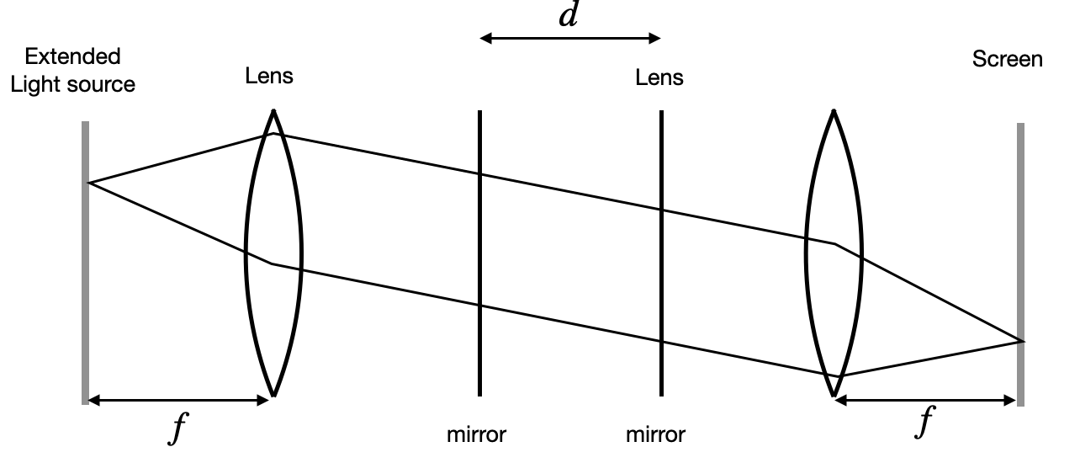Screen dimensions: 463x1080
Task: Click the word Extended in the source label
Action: (72, 57)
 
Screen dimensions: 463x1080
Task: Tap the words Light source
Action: (79, 85)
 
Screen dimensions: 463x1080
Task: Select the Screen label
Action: (1007, 59)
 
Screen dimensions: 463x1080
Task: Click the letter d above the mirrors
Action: (569, 16)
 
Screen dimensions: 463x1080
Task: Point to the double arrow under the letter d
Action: (570, 38)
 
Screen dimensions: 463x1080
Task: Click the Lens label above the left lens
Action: (269, 77)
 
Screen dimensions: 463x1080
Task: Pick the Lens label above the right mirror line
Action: (659, 79)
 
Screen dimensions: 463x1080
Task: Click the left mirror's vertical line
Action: (479, 253)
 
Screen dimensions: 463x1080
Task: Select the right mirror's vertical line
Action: (661, 253)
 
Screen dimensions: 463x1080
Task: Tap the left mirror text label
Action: (476, 435)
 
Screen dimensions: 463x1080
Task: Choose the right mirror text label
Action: (655, 435)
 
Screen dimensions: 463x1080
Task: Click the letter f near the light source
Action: (176, 429)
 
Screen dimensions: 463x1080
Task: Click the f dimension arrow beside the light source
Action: (177, 400)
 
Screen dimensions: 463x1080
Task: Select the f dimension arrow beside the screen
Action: (925, 401)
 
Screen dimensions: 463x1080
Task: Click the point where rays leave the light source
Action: (88, 183)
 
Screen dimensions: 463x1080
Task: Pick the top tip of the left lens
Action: (273, 111)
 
